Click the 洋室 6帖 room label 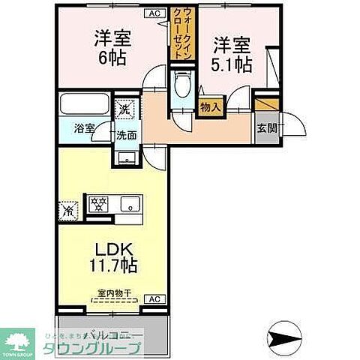109,46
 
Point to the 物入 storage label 210,108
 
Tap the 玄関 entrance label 266,128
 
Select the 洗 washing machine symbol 124,109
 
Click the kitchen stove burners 97,202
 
